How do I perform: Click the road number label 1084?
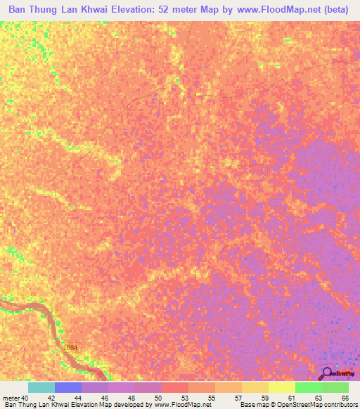click(70, 348)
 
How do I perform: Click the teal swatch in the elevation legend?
click(41, 387)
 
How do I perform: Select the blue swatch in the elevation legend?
click(68, 387)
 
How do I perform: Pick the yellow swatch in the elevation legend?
click(282, 387)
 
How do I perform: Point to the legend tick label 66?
click(344, 398)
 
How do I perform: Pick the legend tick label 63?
click(319, 398)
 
